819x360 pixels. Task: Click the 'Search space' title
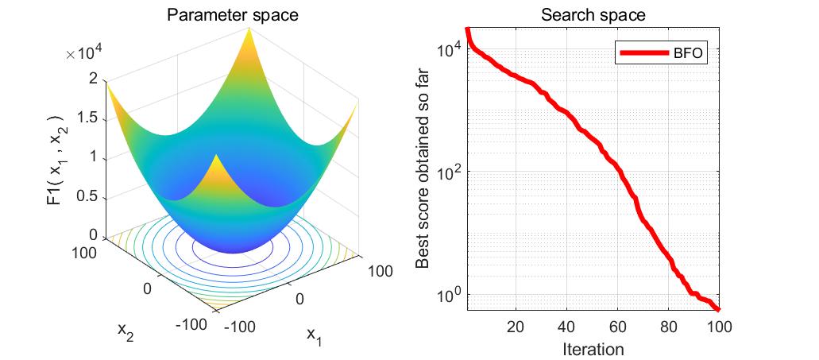(x=593, y=15)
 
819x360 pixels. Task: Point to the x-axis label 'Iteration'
(x=593, y=349)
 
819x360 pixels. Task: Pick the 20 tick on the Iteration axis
(x=516, y=327)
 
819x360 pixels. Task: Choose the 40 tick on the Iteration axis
(x=566, y=327)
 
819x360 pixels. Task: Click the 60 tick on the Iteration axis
(x=617, y=327)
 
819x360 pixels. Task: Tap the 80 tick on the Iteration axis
(x=669, y=327)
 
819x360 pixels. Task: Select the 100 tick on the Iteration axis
(x=718, y=327)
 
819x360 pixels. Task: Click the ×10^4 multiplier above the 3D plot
(x=85, y=53)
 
